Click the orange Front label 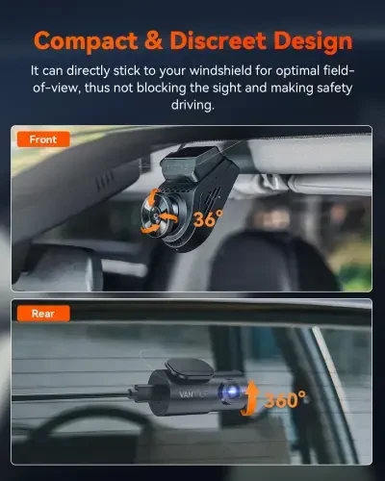pyautogui.click(x=42, y=139)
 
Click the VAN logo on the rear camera pyautogui.click(x=185, y=392)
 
